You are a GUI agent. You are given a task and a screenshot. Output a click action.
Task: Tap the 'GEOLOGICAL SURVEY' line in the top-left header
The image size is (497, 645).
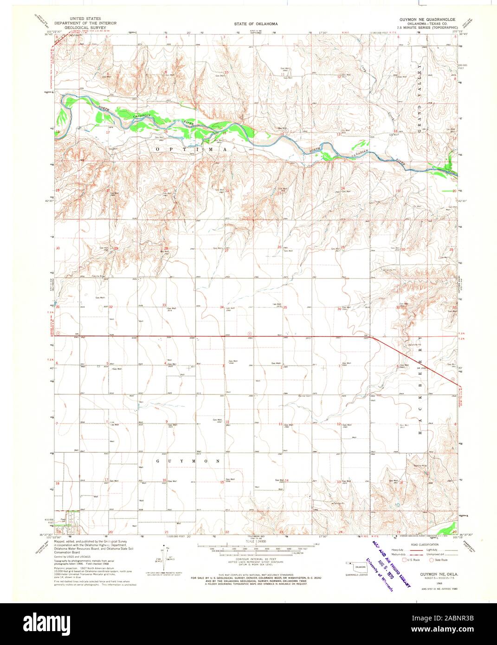(76, 27)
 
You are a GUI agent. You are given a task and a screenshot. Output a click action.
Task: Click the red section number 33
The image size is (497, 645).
(163, 305)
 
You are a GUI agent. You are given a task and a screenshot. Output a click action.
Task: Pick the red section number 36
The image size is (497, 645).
(340, 309)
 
